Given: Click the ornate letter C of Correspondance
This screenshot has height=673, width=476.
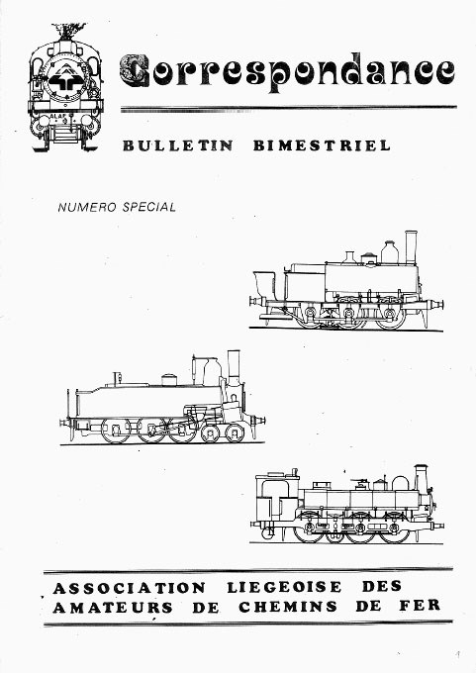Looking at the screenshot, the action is (135, 71).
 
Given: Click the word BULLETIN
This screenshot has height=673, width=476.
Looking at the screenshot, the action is (178, 145).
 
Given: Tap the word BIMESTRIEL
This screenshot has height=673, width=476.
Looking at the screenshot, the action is (322, 145).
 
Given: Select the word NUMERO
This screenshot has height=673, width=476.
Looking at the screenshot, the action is (87, 207).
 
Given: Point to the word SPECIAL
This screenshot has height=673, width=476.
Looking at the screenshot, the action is (149, 207).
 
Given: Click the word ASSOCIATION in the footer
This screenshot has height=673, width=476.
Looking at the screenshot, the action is (130, 588).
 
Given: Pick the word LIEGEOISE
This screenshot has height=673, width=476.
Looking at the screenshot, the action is (284, 587).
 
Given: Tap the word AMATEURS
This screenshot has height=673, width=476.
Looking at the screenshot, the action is (113, 608).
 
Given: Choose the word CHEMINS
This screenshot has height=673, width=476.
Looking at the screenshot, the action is (288, 607).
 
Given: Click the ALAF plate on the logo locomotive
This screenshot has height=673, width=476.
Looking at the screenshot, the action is (56, 116).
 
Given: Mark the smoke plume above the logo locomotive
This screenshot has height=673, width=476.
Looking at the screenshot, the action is (67, 32).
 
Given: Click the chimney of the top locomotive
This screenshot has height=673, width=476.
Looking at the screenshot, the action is (411, 247).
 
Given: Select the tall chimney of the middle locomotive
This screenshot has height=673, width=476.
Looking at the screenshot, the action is (234, 368).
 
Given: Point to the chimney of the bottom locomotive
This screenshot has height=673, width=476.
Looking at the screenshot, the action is (421, 479).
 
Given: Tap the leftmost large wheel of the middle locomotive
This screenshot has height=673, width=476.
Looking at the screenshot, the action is (116, 431).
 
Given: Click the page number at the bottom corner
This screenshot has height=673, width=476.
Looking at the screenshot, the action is (458, 655).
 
